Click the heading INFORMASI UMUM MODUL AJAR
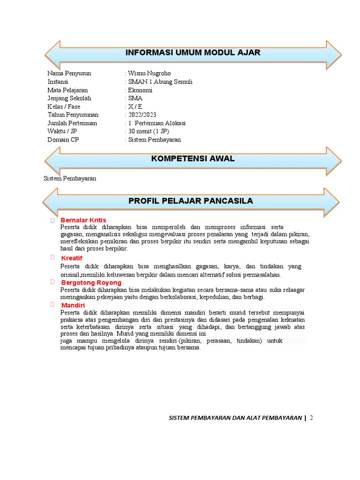[x=193, y=52]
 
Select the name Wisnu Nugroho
[x=149, y=73]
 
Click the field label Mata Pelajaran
[x=67, y=90]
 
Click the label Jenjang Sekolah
[x=69, y=98]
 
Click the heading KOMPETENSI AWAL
[x=193, y=159]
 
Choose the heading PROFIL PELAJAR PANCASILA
[x=191, y=201]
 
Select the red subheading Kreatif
[x=72, y=258]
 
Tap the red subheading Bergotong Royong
[x=91, y=283]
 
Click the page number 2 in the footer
[x=311, y=418]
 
